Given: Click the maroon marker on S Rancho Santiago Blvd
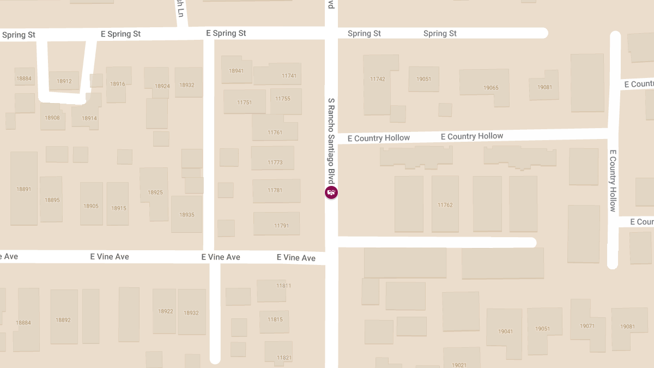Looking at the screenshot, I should pyautogui.click(x=331, y=192).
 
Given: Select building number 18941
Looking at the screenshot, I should pyautogui.click(x=236, y=70).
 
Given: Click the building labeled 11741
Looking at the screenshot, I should pyautogui.click(x=289, y=76).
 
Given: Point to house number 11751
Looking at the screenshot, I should pyautogui.click(x=244, y=102).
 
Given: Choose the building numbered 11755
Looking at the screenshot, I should pyautogui.click(x=283, y=99).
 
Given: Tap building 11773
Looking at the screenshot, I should pyautogui.click(x=275, y=162).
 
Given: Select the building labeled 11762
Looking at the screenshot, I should pyautogui.click(x=445, y=205).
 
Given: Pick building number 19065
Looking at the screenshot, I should pyautogui.click(x=491, y=88).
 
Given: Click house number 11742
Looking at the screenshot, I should pyautogui.click(x=377, y=79).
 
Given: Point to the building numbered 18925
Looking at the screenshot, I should pyautogui.click(x=155, y=192).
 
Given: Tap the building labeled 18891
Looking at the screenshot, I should pyautogui.click(x=23, y=189).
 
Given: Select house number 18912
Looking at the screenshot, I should pyautogui.click(x=64, y=81).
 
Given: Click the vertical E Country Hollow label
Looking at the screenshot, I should pyautogui.click(x=613, y=180).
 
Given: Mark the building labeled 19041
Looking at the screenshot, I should pyautogui.click(x=505, y=331).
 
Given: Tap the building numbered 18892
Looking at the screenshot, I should pyautogui.click(x=63, y=320).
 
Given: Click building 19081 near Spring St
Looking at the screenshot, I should pyautogui.click(x=544, y=87).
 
